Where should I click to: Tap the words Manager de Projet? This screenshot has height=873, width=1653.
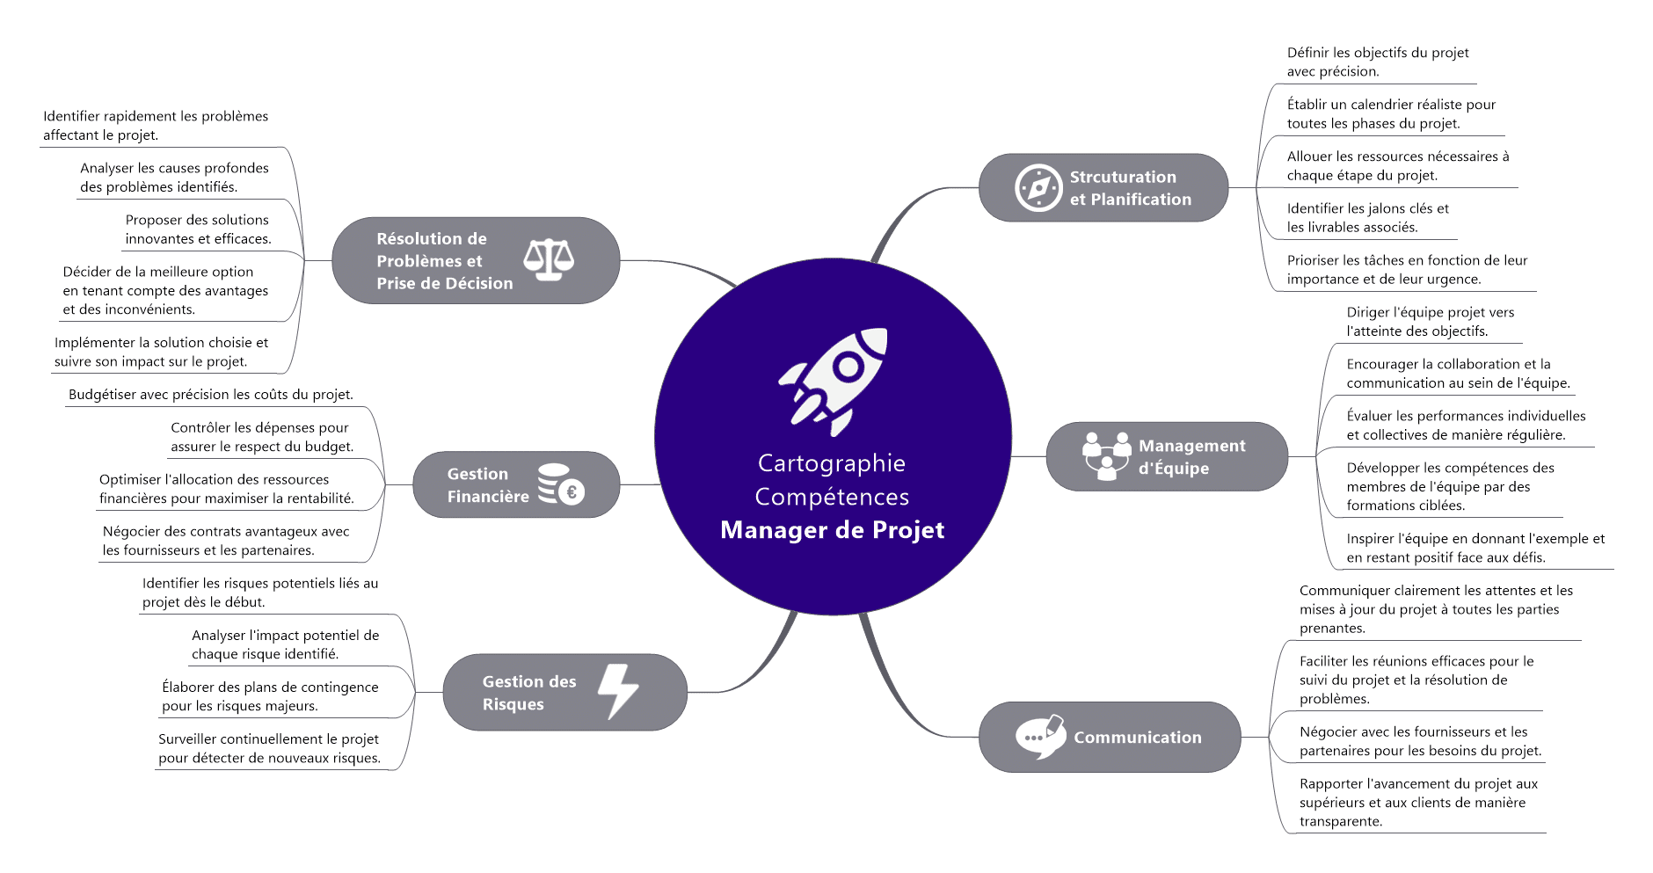pyautogui.click(x=832, y=530)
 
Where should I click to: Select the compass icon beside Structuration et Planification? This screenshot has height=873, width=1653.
pyautogui.click(x=1038, y=188)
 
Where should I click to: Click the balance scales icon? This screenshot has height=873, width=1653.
pyautogui.click(x=549, y=259)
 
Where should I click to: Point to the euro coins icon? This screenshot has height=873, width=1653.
pyautogui.click(x=561, y=484)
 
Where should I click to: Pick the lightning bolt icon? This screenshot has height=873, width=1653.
pyautogui.click(x=618, y=692)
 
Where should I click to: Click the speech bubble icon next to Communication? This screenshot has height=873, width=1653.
pyautogui.click(x=1040, y=737)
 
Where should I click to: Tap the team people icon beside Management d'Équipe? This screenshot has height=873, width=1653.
pyautogui.click(x=1106, y=455)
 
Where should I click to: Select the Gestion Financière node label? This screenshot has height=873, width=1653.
pyautogui.click(x=487, y=485)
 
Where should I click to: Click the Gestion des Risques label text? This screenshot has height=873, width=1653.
pyautogui.click(x=528, y=693)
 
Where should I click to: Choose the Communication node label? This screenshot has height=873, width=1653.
pyautogui.click(x=1137, y=738)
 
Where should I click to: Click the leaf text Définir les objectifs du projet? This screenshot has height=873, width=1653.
pyautogui.click(x=1377, y=62)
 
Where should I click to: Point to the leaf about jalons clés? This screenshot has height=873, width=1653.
pyautogui.click(x=1367, y=218)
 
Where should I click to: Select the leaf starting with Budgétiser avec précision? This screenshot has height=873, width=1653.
pyautogui.click(x=211, y=395)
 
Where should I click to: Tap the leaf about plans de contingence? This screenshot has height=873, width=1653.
pyautogui.click(x=270, y=696)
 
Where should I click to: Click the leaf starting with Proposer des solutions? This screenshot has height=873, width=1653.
pyautogui.click(x=198, y=229)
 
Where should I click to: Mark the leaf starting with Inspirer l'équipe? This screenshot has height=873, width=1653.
pyautogui.click(x=1475, y=548)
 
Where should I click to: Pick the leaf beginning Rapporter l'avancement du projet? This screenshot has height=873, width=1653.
pyautogui.click(x=1418, y=802)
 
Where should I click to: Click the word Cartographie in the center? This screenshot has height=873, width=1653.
pyautogui.click(x=831, y=463)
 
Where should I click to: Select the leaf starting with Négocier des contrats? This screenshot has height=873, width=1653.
pyautogui.click(x=226, y=541)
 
